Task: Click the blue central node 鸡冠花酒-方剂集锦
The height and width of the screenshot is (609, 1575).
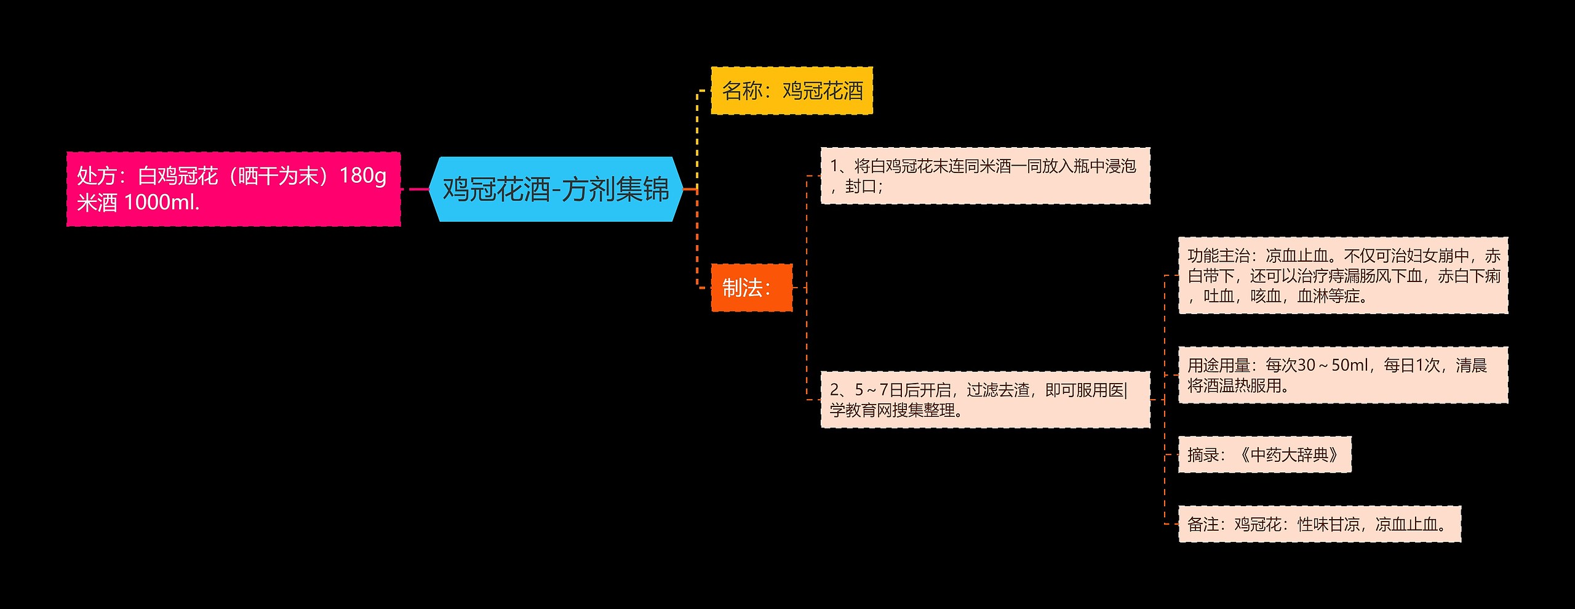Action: (556, 189)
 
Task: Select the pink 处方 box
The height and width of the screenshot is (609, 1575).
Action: (233, 189)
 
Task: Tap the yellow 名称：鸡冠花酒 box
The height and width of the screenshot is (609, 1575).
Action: (791, 91)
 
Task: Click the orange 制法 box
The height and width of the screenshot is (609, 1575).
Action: (751, 288)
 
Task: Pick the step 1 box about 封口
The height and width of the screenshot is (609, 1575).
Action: (984, 175)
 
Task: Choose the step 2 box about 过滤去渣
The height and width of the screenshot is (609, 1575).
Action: (984, 400)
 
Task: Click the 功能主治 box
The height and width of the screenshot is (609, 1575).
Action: (1342, 276)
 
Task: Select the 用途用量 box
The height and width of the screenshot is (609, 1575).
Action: (1342, 375)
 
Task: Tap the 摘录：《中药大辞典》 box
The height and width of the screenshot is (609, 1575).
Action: (1264, 455)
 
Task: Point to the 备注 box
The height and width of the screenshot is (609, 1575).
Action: (1319, 525)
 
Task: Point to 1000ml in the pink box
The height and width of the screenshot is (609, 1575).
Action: (161, 203)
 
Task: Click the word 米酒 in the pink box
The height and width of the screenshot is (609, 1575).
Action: (97, 203)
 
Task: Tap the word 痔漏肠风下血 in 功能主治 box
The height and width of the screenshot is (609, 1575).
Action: (1375, 276)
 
